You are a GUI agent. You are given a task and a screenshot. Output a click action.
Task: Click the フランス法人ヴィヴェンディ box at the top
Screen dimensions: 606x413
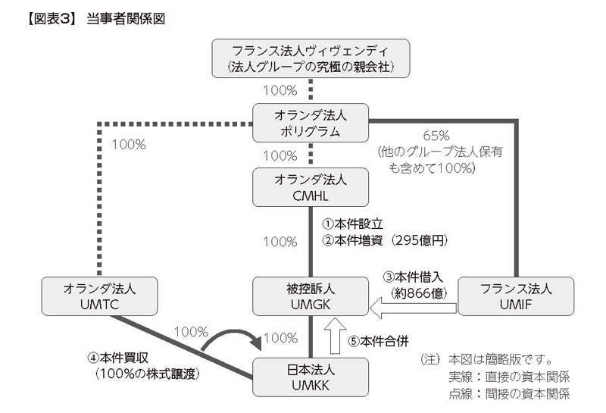pyautogui.click(x=311, y=58)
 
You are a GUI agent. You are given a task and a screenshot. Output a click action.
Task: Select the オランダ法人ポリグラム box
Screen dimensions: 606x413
pyautogui.click(x=311, y=123)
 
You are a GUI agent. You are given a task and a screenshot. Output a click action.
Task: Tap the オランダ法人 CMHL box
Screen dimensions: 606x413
pyautogui.click(x=311, y=187)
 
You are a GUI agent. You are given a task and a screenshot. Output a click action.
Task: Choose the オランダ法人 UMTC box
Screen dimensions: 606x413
pyautogui.click(x=100, y=296)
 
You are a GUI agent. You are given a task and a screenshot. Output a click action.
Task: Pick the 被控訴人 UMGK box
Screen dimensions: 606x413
pyautogui.click(x=311, y=296)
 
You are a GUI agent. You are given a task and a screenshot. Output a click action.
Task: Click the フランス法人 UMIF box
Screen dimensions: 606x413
pyautogui.click(x=516, y=296)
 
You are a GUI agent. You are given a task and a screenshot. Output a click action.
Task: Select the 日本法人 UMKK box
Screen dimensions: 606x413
pyautogui.click(x=311, y=377)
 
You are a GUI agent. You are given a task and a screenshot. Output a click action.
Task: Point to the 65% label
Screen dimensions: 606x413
pyautogui.click(x=436, y=136)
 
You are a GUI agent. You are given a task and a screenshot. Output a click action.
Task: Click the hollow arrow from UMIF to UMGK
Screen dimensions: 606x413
pyautogui.click(x=413, y=308)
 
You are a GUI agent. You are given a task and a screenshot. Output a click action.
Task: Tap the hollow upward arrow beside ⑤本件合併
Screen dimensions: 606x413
pyautogui.click(x=335, y=336)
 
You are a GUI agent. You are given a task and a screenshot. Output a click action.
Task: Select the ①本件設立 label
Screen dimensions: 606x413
pyautogui.click(x=352, y=224)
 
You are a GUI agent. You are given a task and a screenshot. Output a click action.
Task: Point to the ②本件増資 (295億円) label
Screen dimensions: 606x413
pyautogui.click(x=385, y=240)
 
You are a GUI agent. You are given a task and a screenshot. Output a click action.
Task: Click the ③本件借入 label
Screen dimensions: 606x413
pyautogui.click(x=413, y=277)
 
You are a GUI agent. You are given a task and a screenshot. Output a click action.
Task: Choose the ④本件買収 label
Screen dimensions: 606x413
pyautogui.click(x=118, y=358)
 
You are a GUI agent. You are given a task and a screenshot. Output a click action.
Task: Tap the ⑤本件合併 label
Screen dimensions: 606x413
pyautogui.click(x=378, y=341)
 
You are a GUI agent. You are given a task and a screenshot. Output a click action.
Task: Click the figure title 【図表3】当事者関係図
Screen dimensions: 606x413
pyautogui.click(x=96, y=18)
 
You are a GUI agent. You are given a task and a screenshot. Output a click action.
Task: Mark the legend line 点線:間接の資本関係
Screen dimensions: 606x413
pyautogui.click(x=509, y=393)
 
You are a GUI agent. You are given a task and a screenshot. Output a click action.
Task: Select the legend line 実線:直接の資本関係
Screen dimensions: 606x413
pyautogui.click(x=509, y=377)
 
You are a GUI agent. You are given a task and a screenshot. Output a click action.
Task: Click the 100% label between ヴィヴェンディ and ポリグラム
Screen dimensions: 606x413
pyautogui.click(x=280, y=90)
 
